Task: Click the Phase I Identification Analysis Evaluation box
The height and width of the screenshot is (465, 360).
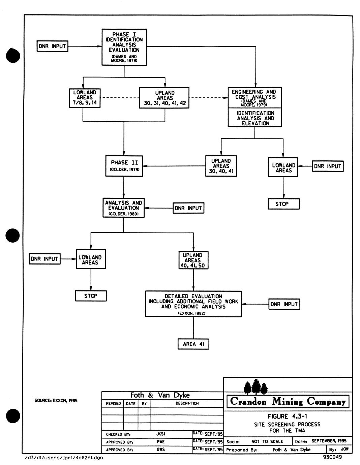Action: point(124,47)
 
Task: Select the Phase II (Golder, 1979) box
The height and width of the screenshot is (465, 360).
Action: point(124,166)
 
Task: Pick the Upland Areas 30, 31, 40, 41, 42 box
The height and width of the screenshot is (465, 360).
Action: point(164,98)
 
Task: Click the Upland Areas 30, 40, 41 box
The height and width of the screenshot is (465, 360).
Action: point(221,166)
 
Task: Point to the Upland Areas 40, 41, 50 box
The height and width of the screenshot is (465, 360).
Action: point(193,260)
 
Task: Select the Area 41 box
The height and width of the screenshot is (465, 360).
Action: point(193,344)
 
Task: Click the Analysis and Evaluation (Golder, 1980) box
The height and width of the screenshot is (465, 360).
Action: point(123,208)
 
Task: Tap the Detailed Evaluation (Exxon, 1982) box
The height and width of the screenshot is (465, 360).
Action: point(193,304)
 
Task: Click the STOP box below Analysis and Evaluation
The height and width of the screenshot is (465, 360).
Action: point(91,296)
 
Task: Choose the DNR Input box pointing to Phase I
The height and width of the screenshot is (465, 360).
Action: point(52,46)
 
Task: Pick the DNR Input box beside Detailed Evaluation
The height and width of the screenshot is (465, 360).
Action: point(284,304)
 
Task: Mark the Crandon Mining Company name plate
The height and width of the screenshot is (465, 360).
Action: point(288,401)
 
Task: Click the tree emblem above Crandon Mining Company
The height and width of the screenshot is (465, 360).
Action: point(256,387)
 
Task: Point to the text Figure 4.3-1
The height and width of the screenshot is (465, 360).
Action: point(288,416)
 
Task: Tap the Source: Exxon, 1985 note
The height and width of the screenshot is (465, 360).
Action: point(56,401)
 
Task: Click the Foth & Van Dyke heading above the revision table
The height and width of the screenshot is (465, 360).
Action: point(160,395)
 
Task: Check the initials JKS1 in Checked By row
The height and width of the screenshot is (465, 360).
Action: point(161,434)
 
